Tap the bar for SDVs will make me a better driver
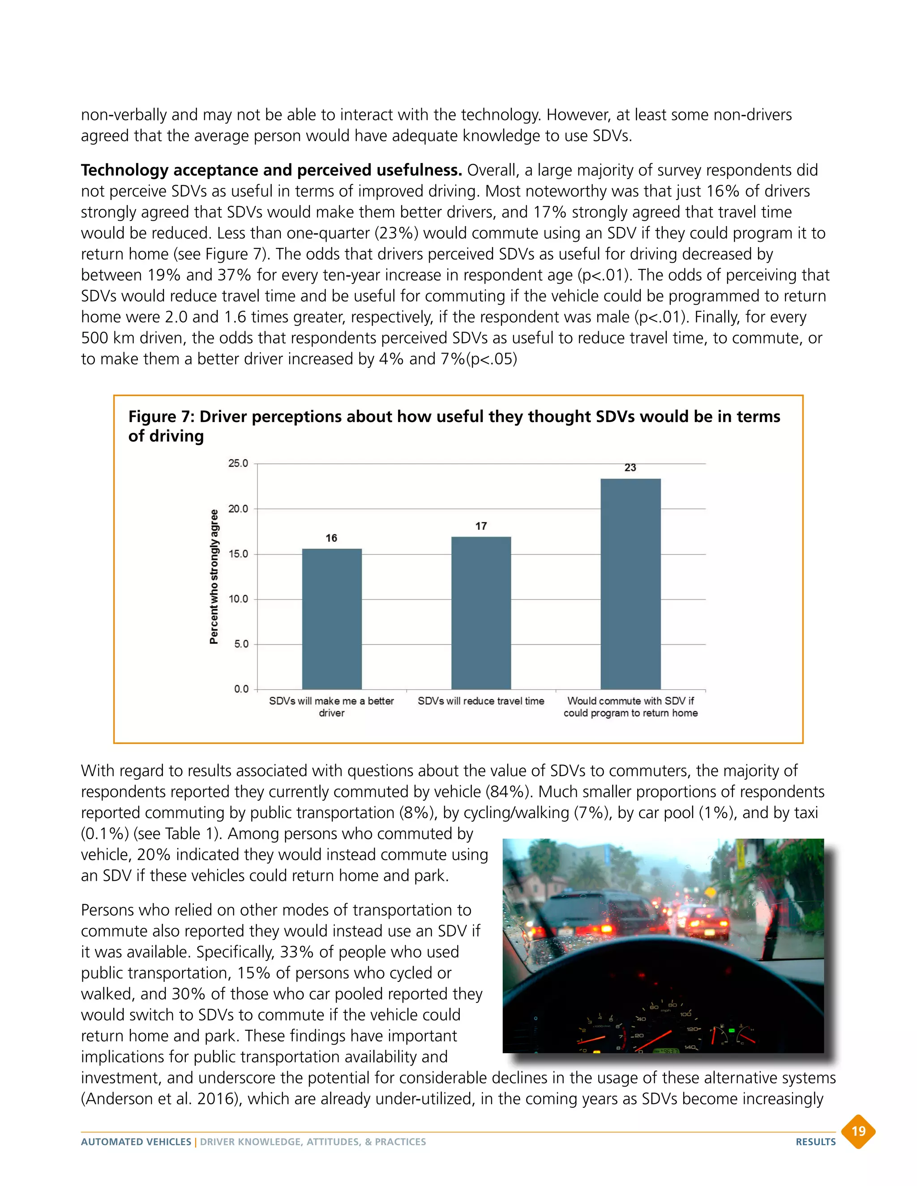pos(331,619)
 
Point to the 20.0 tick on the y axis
pos(238,509)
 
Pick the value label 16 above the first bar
pos(331,538)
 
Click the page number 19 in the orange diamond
pos(858,1131)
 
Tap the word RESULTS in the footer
pos(815,1142)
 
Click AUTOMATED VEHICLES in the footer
pos(136,1142)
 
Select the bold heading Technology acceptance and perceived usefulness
pos(271,170)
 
